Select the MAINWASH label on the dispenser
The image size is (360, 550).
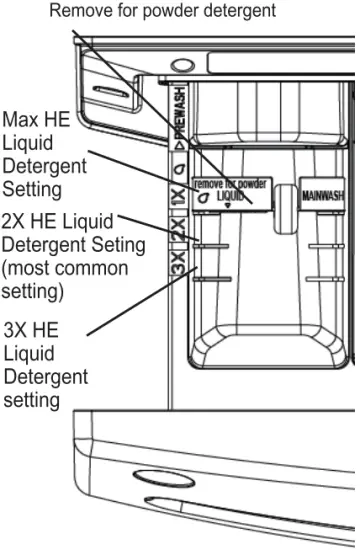[x=322, y=195]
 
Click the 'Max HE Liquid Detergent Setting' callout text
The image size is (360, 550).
[x=38, y=153]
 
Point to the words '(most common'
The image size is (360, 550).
[x=66, y=268]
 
